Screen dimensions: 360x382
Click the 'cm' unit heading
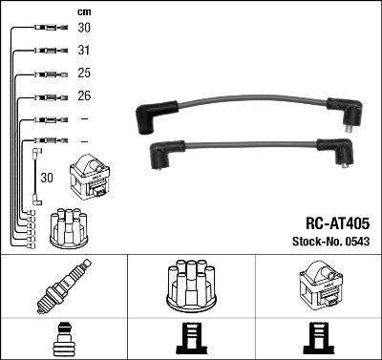[x=83, y=11]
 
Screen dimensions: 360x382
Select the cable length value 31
[x=85, y=51]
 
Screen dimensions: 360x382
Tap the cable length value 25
[x=85, y=74]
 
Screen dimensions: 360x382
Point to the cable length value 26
[x=85, y=96]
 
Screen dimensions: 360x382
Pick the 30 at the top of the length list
[x=85, y=29]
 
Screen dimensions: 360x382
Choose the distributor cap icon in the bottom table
[x=191, y=286]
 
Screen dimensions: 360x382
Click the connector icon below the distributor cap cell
[x=191, y=340]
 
